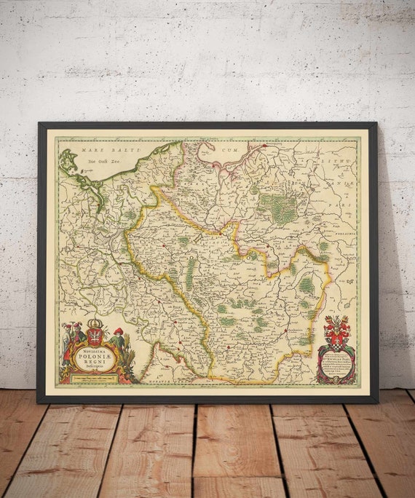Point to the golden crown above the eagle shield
pyautogui.click(x=94, y=324)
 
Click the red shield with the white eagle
pyautogui.click(x=94, y=336)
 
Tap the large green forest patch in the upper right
pyautogui.click(x=277, y=207)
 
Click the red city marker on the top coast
pyautogui.click(x=265, y=146)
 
